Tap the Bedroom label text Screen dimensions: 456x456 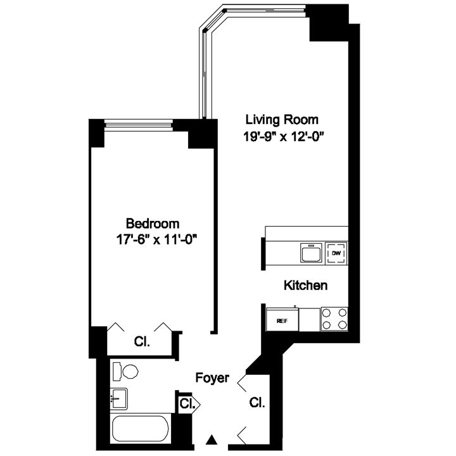tap(152, 223)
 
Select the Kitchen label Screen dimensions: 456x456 tap(305, 286)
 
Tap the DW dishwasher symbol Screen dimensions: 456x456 tap(336, 253)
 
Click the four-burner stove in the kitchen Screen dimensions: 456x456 tap(334, 319)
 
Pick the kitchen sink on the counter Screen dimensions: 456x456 tap(310, 253)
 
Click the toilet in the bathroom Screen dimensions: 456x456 tap(127, 370)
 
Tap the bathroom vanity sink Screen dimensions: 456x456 tap(118, 398)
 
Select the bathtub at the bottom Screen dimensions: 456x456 tap(141, 430)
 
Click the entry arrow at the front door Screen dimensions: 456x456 tap(213, 440)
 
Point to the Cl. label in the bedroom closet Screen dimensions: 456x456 tap(141, 342)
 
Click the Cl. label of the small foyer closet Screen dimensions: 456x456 tap(186, 403)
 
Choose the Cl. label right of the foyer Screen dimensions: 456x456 tap(256, 402)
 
